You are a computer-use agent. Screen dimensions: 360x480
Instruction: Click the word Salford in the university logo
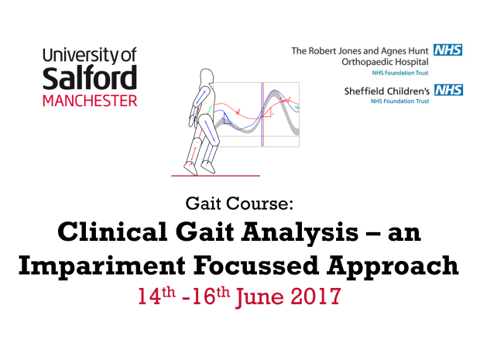(90, 79)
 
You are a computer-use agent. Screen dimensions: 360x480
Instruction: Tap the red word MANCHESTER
(90, 101)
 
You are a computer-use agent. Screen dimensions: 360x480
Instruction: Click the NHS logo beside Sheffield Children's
(449, 91)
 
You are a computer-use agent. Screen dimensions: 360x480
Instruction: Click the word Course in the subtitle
(266, 204)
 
